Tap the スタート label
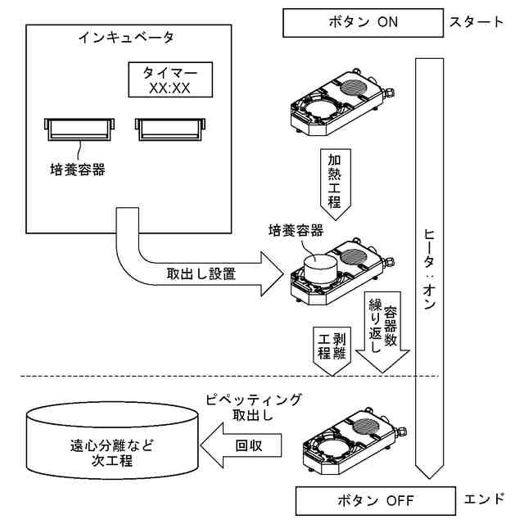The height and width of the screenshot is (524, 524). pos(477,22)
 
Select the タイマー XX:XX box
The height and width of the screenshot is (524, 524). pos(170,79)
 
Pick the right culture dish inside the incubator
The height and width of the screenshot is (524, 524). pos(169,128)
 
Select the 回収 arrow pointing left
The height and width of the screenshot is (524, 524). pos(242,448)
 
